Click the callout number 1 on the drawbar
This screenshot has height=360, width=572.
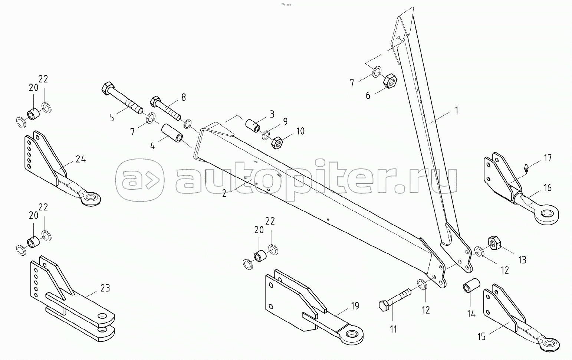click(457, 110)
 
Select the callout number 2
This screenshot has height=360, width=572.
click(224, 193)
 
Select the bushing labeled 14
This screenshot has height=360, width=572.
click(471, 288)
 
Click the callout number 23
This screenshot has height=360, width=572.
click(105, 288)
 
